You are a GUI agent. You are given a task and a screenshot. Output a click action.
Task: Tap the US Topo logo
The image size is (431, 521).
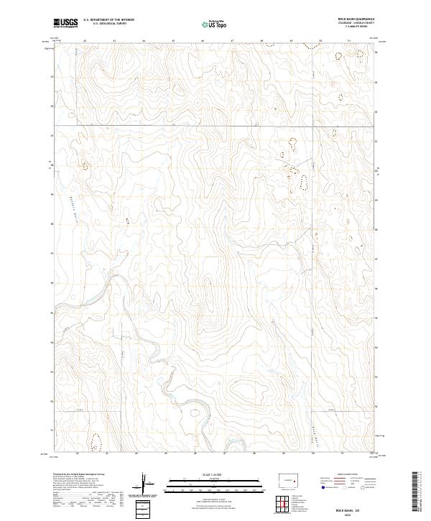[x=215, y=24]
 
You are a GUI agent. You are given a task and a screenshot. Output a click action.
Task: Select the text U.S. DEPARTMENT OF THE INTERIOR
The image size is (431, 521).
[x=108, y=20]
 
